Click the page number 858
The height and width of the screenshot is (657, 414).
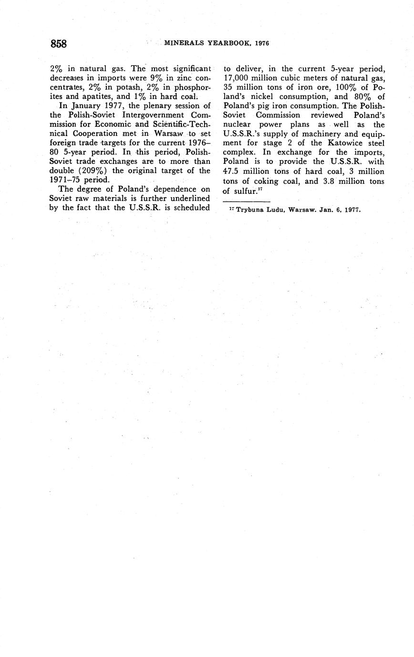(58, 44)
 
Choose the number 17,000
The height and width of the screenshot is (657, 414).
(238, 78)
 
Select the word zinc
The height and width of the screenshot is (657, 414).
(179, 78)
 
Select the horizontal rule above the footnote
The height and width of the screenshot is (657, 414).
(246, 202)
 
